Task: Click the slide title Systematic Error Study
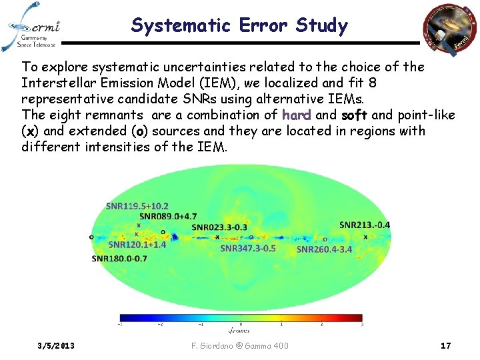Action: (239, 26)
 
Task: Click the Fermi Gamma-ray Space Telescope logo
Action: (34, 27)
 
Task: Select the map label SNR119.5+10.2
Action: (137, 206)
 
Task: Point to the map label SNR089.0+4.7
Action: (168, 216)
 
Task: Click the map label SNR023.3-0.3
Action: (219, 227)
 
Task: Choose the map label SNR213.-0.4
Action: (365, 225)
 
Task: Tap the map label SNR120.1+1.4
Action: (137, 245)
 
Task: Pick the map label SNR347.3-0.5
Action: (247, 248)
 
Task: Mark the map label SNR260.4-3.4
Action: (324, 249)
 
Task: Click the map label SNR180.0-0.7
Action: (119, 258)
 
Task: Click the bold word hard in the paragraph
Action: (297, 115)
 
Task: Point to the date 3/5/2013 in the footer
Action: (57, 345)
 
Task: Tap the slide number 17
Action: (446, 345)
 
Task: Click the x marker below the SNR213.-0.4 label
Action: (365, 237)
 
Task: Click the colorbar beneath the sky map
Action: (241, 317)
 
